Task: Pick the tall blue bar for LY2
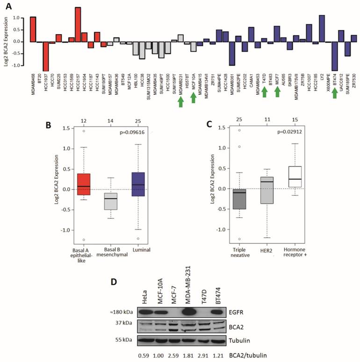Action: coord(322,28)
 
